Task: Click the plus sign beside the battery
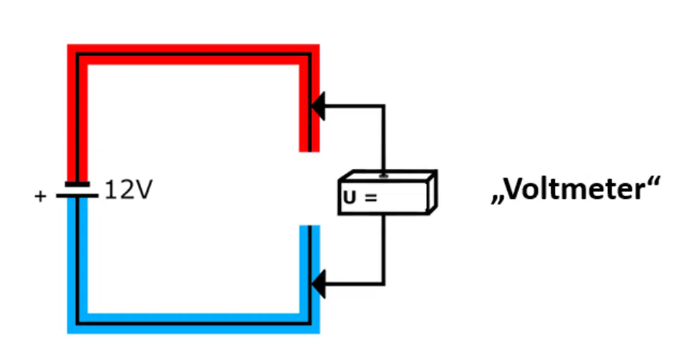(40, 196)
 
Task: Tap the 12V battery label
(129, 190)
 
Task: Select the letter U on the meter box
(350, 198)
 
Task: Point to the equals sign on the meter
(371, 198)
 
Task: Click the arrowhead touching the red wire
(318, 106)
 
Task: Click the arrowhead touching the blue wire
(318, 283)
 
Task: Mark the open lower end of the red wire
(309, 151)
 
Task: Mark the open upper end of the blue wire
(309, 226)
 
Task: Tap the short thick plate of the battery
(77, 184)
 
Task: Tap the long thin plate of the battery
(77, 195)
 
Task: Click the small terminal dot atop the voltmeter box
(384, 176)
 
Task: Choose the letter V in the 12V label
(143, 190)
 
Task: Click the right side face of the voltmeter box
(433, 192)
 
